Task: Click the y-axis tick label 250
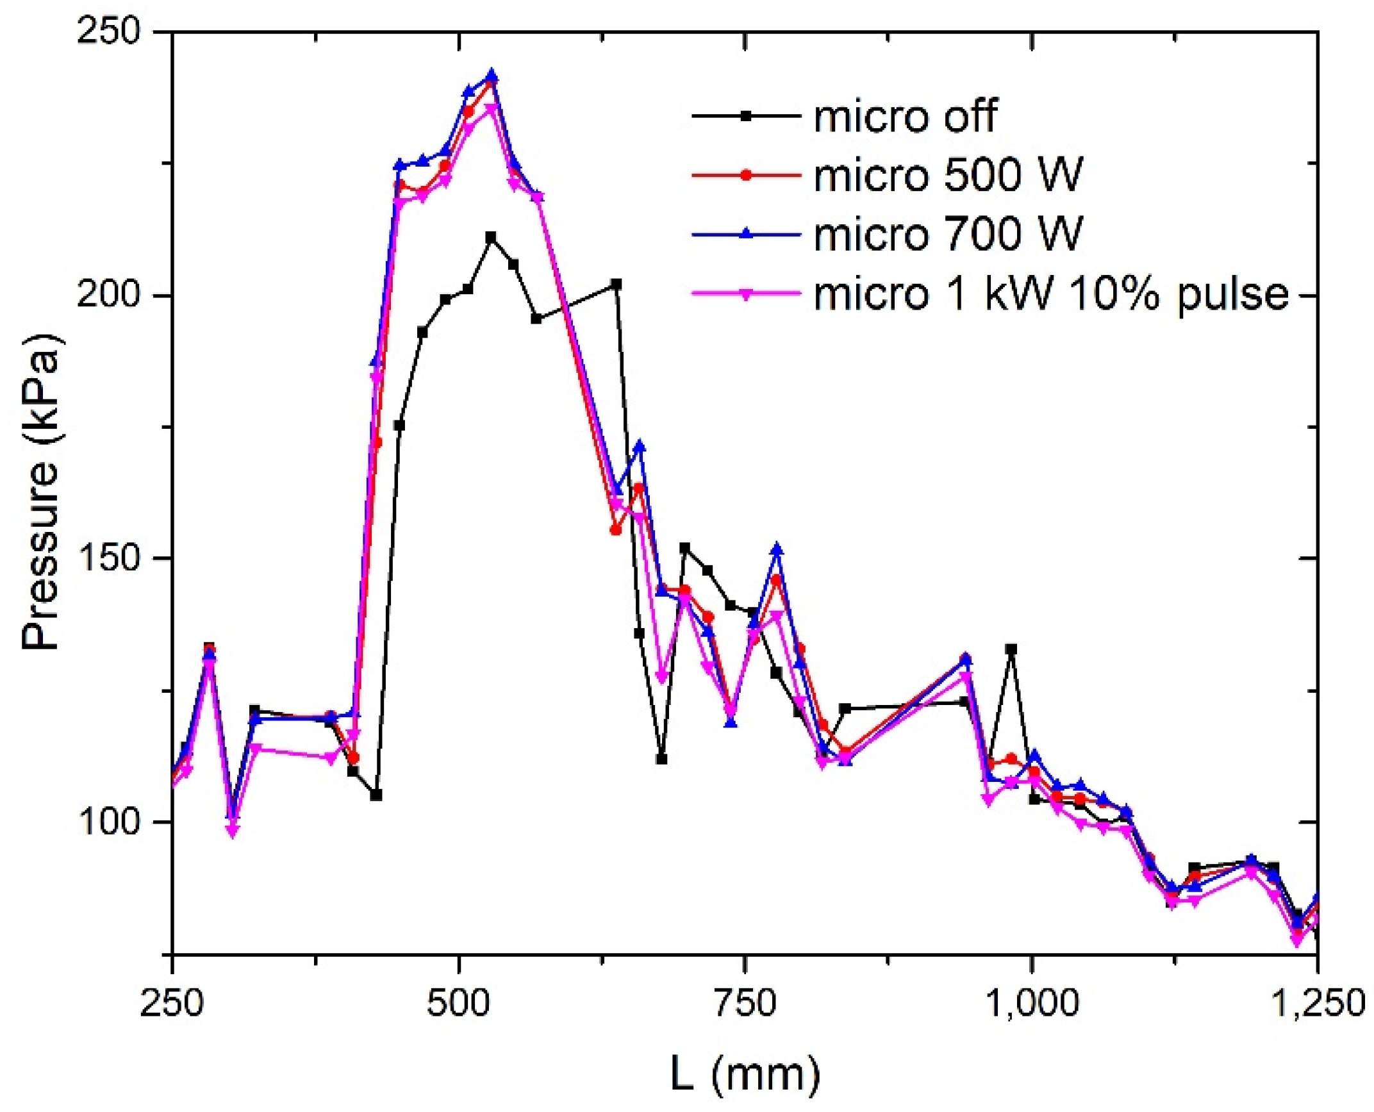tap(108, 31)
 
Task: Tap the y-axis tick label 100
tap(108, 822)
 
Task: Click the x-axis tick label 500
tap(458, 1003)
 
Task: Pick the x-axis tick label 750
tap(745, 1003)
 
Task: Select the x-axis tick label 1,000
tap(1031, 1003)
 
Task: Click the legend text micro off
tap(905, 117)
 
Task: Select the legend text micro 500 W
tap(948, 174)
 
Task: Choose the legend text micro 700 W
tap(948, 234)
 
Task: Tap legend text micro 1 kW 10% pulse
tap(1051, 294)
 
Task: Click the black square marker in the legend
tap(746, 116)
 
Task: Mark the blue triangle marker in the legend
tap(746, 234)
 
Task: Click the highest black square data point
tap(491, 237)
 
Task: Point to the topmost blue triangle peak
tap(492, 75)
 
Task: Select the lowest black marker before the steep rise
tap(376, 795)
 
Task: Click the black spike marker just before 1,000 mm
tap(1011, 649)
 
